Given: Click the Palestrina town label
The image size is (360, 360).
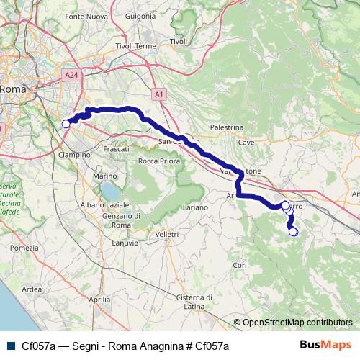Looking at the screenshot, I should (x=226, y=127).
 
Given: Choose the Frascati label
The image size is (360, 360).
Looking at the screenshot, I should (x=116, y=148).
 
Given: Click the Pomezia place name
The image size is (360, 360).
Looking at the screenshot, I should (x=24, y=248).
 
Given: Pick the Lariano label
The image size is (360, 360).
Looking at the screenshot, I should (x=195, y=207).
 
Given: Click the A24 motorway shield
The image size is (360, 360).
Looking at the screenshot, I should (x=70, y=75).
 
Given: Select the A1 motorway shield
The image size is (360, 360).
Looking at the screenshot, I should (x=159, y=94).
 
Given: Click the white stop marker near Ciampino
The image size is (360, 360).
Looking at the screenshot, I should (x=66, y=124).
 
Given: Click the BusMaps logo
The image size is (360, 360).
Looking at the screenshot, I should (x=330, y=345).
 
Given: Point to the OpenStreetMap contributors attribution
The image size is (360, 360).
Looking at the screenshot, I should (x=293, y=323).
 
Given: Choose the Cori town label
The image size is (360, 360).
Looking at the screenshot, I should (x=240, y=266).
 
